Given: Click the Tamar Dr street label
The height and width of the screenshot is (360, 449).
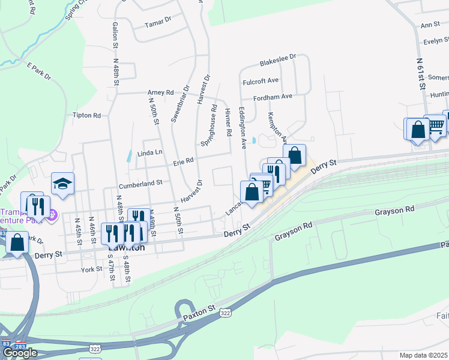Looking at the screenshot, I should coord(158,25).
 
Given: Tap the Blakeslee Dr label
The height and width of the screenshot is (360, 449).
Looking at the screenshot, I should coord(278,60).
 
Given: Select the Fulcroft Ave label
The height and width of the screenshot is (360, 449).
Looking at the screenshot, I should coord(261,80).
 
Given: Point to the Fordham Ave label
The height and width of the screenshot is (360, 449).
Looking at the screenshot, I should coord(273,96).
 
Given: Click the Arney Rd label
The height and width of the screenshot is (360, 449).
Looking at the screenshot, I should coord(160,92).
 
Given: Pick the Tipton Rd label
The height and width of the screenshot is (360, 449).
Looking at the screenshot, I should coord(86,115).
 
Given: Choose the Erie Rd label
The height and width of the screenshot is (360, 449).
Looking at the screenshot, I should coord(184,161).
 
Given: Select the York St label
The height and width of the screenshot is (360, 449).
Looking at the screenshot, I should coord(91,270).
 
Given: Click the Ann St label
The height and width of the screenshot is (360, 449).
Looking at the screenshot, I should coord(430,25).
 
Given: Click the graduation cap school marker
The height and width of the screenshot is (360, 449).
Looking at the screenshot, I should coord(62,183).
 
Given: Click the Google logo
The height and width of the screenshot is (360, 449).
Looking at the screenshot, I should coord(20,353).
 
